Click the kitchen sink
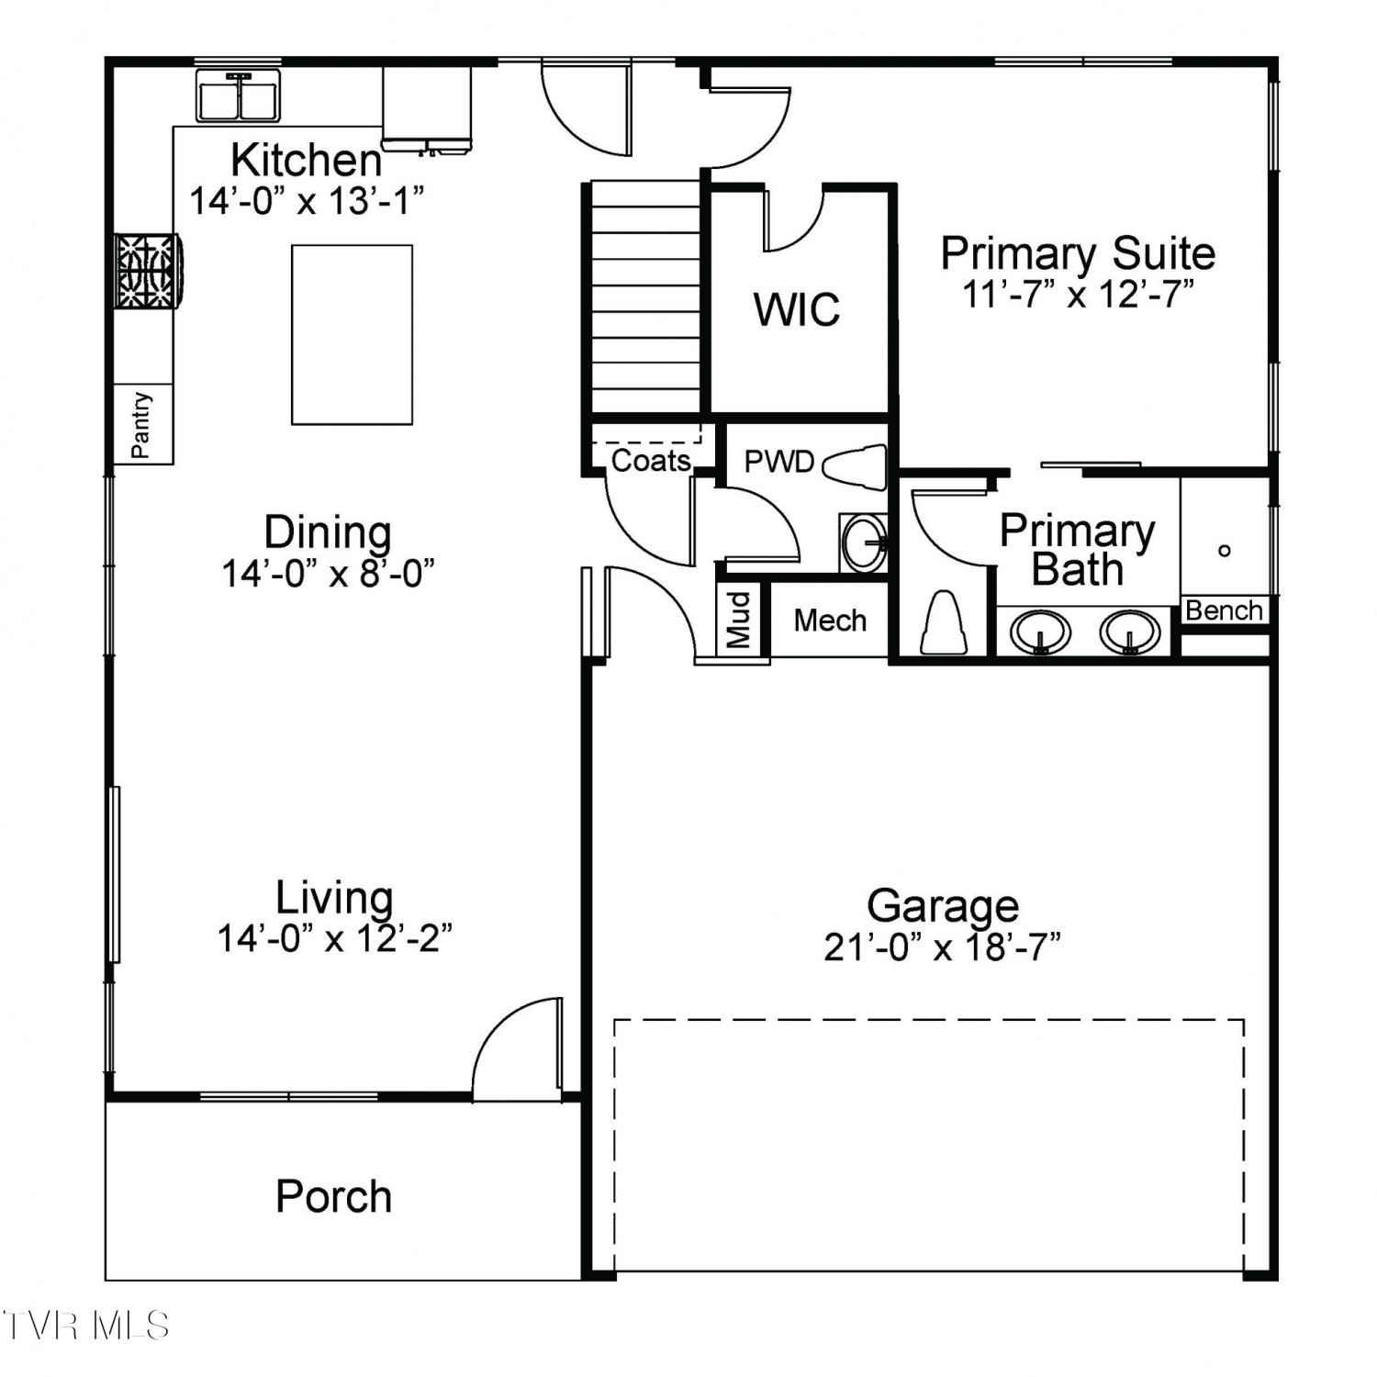click(x=239, y=95)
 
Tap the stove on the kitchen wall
click(x=147, y=271)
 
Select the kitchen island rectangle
click(x=352, y=334)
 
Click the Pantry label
click(x=140, y=425)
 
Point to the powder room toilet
click(x=856, y=466)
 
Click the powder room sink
click(x=864, y=543)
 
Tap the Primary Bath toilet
click(x=945, y=622)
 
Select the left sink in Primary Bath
click(x=1040, y=633)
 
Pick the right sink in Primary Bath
click(x=1130, y=633)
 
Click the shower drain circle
click(x=1224, y=551)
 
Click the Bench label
click(x=1224, y=610)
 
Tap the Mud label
click(x=740, y=620)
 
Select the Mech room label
click(x=830, y=621)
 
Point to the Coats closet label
click(x=651, y=460)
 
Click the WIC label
click(x=797, y=309)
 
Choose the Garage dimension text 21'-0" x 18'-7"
click(x=942, y=946)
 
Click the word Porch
click(x=334, y=1196)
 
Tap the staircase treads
click(x=645, y=297)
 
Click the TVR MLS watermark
click(x=86, y=1326)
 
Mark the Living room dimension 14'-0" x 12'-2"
click(x=334, y=938)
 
